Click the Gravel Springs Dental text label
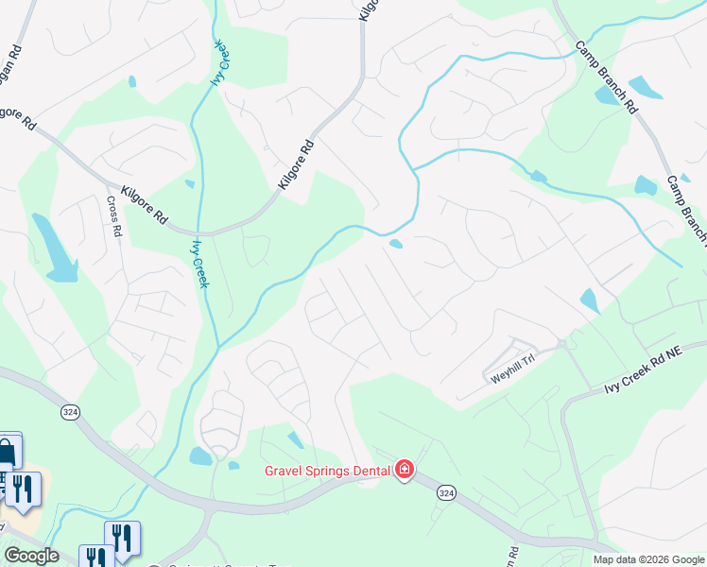(327, 470)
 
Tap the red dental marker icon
(405, 470)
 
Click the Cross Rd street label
(114, 217)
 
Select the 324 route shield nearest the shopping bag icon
(69, 413)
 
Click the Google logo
(30, 556)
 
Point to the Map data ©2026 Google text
(648, 559)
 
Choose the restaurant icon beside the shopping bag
(23, 488)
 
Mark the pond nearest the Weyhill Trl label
(589, 301)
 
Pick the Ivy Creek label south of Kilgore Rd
(199, 262)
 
